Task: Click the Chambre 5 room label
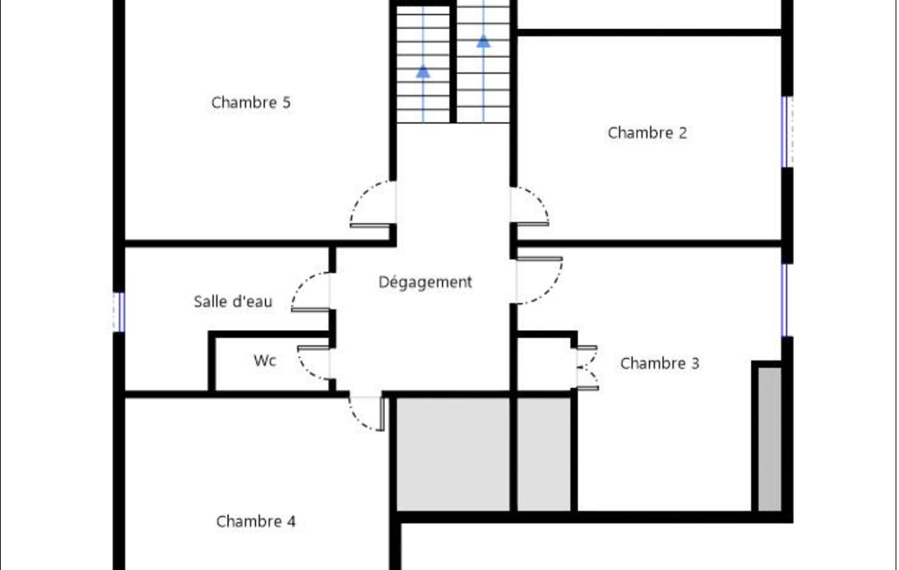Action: point(251,103)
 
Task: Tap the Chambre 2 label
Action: point(646,133)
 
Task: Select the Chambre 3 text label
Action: point(660,364)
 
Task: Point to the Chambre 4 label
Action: point(256,521)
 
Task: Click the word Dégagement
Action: point(425,282)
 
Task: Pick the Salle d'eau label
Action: point(232,302)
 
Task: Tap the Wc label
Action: point(265,360)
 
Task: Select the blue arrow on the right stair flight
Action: point(483,41)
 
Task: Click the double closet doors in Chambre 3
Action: point(588,368)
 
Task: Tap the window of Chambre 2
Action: point(788,132)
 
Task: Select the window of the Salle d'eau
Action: point(118,312)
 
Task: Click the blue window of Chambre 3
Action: point(785,300)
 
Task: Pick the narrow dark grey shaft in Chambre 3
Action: point(769,438)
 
